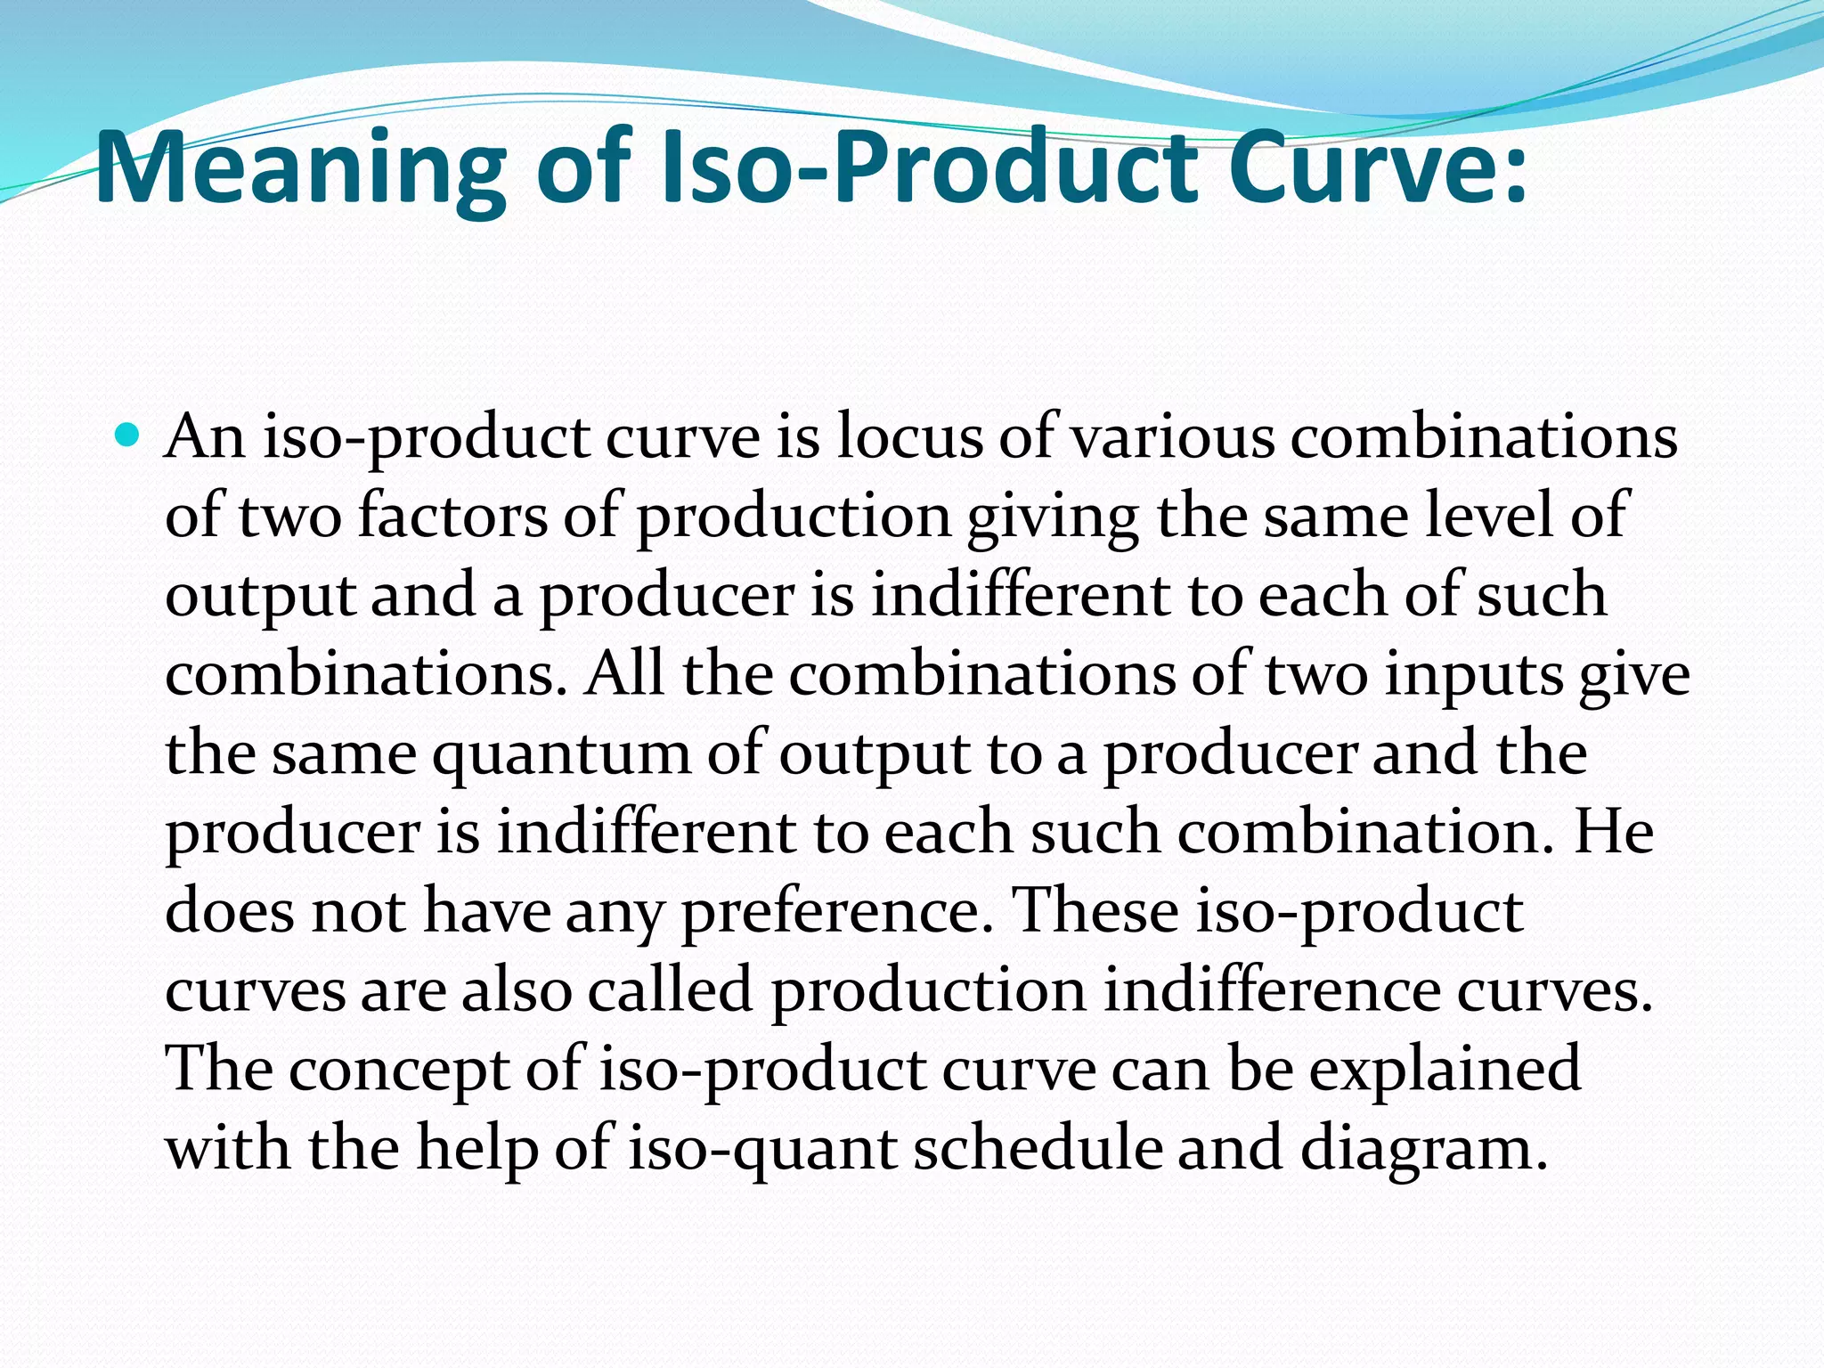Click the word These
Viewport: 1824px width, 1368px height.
pyautogui.click(x=1096, y=912)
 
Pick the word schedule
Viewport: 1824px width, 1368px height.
pyautogui.click(x=1038, y=1149)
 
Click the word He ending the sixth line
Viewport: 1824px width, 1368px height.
pyautogui.click(x=1613, y=834)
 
